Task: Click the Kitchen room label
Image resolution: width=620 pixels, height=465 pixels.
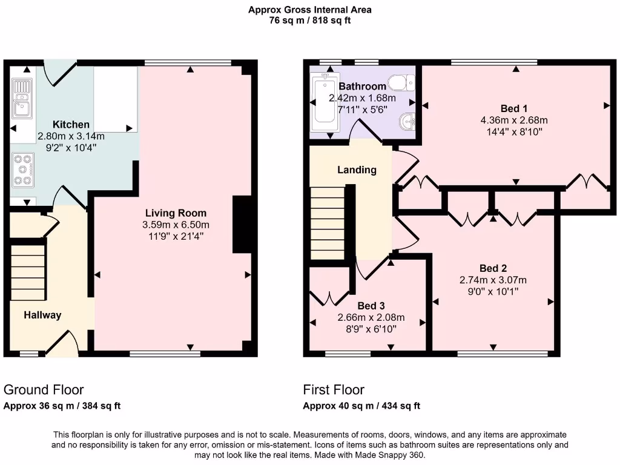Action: [x=71, y=125]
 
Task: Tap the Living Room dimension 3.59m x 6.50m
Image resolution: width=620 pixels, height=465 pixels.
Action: [x=176, y=225]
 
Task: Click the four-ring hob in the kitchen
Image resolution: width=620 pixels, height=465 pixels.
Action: [x=22, y=170]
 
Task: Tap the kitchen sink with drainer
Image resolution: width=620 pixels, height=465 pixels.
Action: [x=22, y=99]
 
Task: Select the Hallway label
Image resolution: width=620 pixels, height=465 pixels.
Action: [x=42, y=315]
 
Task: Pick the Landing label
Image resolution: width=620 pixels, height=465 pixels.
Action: [x=357, y=170]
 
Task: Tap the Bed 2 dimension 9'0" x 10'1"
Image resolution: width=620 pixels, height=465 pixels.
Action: [x=493, y=291]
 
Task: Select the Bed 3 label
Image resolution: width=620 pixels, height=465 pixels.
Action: [x=371, y=306]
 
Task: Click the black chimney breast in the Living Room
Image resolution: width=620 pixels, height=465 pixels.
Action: [x=242, y=224]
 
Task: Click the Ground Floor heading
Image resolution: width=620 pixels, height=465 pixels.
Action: [x=44, y=389]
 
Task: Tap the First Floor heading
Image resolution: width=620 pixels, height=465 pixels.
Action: [x=334, y=389]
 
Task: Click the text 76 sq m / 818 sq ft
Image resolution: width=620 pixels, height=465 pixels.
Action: [x=310, y=20]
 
